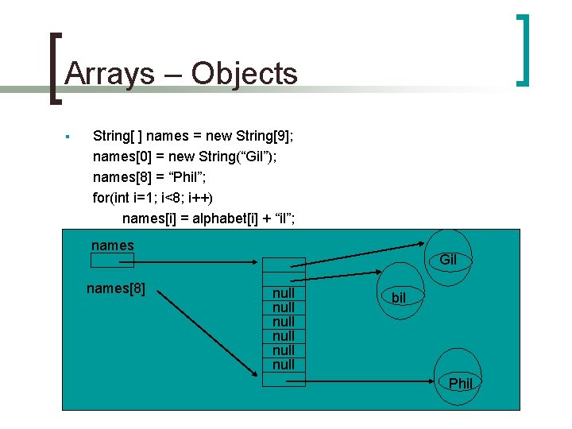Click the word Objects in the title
(x=243, y=74)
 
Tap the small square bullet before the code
(x=69, y=137)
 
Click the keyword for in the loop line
(x=103, y=198)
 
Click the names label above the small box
(x=113, y=245)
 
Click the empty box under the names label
(x=113, y=261)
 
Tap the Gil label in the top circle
(x=448, y=260)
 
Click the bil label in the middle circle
(x=399, y=298)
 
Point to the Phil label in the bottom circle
(x=461, y=384)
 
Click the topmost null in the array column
(x=284, y=293)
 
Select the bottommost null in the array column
(x=284, y=365)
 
